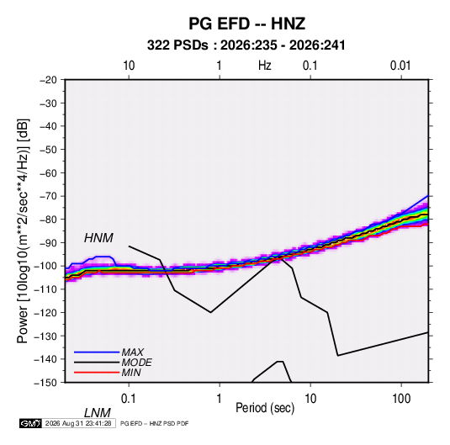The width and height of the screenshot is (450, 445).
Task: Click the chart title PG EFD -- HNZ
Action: pos(246,24)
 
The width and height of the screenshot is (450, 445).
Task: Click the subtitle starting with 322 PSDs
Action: pos(246,45)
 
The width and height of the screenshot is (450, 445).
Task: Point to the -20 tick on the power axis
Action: pos(48,80)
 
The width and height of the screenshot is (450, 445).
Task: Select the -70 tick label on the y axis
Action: pos(48,196)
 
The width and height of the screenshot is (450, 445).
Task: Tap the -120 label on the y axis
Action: pos(45,312)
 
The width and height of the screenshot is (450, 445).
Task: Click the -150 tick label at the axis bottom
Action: pos(45,383)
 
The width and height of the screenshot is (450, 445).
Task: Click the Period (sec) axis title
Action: pos(265,408)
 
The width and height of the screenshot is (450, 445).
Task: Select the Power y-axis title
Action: pos(23,231)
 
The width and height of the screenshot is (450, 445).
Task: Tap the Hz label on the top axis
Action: pos(265,66)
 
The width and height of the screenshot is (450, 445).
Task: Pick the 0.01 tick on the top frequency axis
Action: pos(400,66)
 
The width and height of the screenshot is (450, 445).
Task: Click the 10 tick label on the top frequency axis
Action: pos(129,66)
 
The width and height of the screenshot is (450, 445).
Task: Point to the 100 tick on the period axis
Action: pos(401,399)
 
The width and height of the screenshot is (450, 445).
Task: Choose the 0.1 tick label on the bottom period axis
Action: pos(129,399)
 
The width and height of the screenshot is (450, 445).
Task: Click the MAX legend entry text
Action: pos(133,352)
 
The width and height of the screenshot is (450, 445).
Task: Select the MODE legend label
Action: pos(136,363)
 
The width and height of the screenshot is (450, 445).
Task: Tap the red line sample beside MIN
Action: pos(97,373)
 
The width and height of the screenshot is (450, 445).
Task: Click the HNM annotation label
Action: pos(98,238)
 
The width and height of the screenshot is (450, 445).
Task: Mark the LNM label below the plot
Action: pos(97,413)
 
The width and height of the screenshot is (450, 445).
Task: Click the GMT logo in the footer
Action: pos(31,423)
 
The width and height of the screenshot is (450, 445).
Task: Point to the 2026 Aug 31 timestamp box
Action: pos(78,423)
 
